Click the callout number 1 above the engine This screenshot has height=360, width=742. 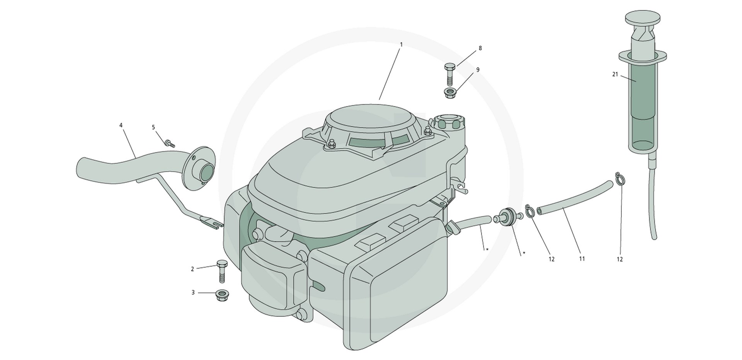401,44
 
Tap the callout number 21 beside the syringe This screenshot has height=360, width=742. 615,74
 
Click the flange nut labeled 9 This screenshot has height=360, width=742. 449,93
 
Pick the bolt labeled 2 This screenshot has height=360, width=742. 222,272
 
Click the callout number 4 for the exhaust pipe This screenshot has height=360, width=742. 121,125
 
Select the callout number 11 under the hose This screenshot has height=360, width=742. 582,259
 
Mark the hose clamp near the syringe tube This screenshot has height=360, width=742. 619,179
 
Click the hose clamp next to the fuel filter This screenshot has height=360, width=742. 530,211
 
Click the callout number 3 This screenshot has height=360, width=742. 193,293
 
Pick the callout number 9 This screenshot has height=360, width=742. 478,70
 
